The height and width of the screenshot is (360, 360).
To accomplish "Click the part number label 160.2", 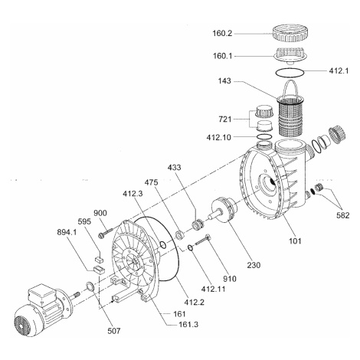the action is pos(222,34).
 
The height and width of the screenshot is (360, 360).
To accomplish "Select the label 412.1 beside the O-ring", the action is pos(339,70).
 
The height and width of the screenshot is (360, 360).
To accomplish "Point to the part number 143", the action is pos(224,81).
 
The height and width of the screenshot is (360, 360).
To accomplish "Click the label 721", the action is pos(225,119).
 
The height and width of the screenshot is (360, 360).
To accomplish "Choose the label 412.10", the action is pos(219,137).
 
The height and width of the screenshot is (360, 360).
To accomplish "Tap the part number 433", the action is pos(174,167).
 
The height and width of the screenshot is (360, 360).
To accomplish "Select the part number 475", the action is pos(151,182).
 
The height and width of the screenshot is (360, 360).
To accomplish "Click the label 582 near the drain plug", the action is pos(342,215).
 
